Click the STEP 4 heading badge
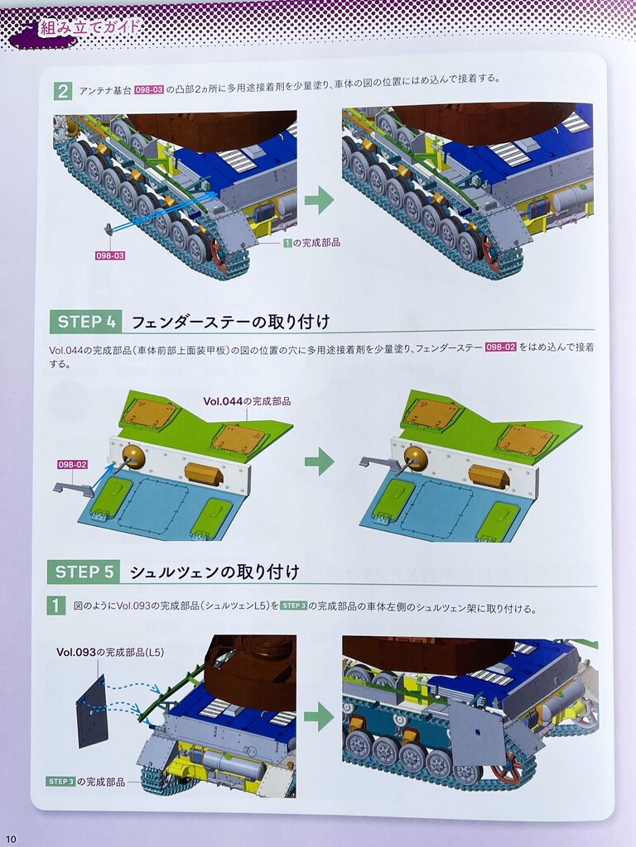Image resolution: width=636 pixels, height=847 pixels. (86, 322)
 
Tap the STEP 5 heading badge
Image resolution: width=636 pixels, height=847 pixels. (84, 572)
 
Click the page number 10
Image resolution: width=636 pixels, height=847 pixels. (12, 839)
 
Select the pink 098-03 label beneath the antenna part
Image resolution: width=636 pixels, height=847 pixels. (110, 256)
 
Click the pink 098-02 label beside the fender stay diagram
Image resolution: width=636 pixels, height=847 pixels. (73, 465)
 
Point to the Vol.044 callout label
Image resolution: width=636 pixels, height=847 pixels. (247, 401)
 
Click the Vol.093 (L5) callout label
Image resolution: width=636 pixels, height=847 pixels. (110, 653)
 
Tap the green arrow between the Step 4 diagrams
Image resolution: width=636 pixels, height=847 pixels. (319, 462)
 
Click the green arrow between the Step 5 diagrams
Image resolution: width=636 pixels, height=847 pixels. (319, 717)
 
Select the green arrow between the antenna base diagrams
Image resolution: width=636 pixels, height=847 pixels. (319, 200)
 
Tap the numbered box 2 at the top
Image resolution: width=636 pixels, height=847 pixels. (63, 91)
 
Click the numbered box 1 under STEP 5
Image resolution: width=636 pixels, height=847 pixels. (56, 605)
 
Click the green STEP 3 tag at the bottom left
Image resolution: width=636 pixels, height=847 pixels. (60, 782)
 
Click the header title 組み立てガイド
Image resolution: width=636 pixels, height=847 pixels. (89, 27)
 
